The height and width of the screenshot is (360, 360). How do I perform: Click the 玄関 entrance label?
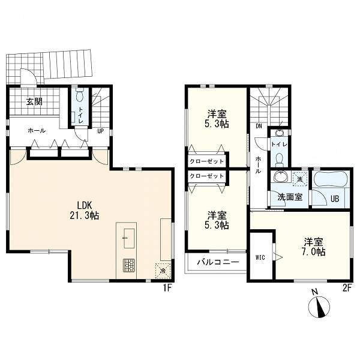coord(34,102)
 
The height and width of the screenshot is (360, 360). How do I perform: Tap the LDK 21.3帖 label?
coord(85,210)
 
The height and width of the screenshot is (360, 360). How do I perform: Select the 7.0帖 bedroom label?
coord(314,247)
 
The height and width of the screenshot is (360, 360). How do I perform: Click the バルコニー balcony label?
coord(218,262)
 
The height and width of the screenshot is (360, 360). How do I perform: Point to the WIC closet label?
coord(260,257)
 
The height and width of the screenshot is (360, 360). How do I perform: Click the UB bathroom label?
coord(335,199)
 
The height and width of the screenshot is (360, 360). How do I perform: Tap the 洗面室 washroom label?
coord(290,197)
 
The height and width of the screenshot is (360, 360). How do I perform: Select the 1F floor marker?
coord(167,288)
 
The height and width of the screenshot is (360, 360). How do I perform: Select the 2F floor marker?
coord(347,288)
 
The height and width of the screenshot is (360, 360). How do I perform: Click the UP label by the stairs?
coord(101,131)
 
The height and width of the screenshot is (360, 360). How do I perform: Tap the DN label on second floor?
coord(259,126)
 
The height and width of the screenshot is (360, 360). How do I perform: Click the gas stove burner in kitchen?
coord(129,265)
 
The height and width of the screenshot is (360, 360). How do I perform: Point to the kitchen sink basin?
coord(129,238)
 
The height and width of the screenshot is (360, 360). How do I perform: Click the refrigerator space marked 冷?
coord(163,271)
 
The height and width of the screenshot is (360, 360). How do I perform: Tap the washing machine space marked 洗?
coord(299,179)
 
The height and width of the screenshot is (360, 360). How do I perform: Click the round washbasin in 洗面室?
coord(280,177)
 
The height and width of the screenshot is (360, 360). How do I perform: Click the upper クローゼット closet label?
coord(206,161)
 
